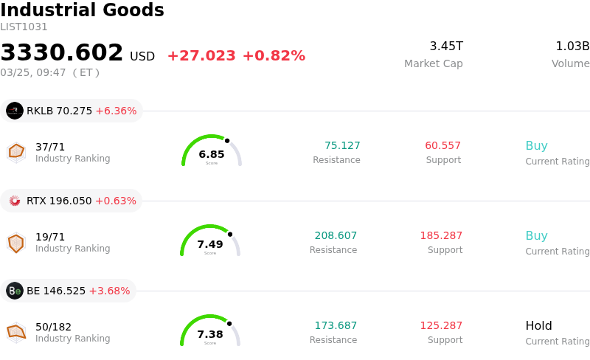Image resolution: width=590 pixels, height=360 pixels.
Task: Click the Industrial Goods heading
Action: click(82, 10)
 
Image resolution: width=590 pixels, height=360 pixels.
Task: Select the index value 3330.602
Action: click(62, 53)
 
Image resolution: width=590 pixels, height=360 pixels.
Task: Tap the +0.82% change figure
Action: click(274, 56)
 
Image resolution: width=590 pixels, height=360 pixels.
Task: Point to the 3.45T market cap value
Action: click(446, 46)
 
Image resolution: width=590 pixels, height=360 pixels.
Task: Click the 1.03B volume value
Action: click(572, 46)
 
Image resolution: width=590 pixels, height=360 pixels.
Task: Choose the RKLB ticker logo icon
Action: click(15, 111)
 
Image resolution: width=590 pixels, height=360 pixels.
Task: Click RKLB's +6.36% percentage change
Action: click(116, 111)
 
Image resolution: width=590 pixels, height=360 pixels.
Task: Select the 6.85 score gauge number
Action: click(212, 154)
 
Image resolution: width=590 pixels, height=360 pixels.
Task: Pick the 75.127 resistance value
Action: click(342, 145)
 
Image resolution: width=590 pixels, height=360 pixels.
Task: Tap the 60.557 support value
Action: click(442, 145)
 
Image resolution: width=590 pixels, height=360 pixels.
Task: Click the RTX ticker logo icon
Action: click(15, 201)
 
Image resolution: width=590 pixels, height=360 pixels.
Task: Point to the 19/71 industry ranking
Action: click(50, 237)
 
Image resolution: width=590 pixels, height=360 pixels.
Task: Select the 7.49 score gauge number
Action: click(210, 244)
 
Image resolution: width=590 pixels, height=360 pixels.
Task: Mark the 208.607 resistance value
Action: click(336, 235)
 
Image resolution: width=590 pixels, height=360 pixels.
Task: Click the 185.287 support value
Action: click(441, 235)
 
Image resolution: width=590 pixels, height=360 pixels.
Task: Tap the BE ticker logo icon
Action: click(15, 291)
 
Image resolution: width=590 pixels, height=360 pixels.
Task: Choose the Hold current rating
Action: click(538, 325)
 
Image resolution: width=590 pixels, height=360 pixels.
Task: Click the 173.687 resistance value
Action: click(336, 325)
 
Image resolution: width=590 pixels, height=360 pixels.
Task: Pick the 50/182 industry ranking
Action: click(53, 327)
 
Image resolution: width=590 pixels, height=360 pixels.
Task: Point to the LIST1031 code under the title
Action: click(24, 27)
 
